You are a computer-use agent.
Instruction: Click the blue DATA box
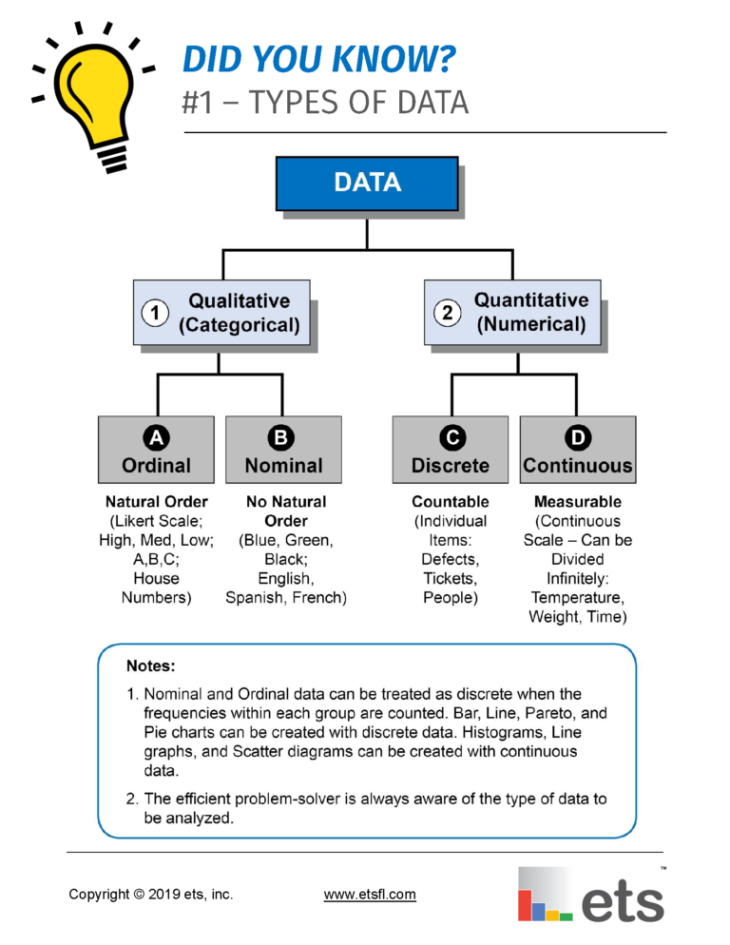[x=367, y=183]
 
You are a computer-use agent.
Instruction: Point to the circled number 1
[x=154, y=313]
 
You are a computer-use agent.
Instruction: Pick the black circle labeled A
[x=156, y=436]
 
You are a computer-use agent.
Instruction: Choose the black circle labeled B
[x=283, y=436]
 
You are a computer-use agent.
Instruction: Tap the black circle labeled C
[x=451, y=436]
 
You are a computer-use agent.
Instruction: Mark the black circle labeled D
[x=578, y=436]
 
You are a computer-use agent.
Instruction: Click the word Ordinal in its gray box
[x=156, y=466]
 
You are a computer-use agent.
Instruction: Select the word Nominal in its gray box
[x=283, y=466]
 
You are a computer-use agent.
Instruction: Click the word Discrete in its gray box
[x=451, y=466]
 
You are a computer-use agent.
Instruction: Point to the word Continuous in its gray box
[x=578, y=466]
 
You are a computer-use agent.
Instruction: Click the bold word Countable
[x=451, y=501]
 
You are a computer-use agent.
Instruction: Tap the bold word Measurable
[x=578, y=501]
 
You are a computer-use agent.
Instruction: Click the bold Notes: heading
[x=151, y=666]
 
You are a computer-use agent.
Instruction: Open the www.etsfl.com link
[x=370, y=894]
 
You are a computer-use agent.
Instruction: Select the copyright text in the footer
[x=150, y=894]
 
